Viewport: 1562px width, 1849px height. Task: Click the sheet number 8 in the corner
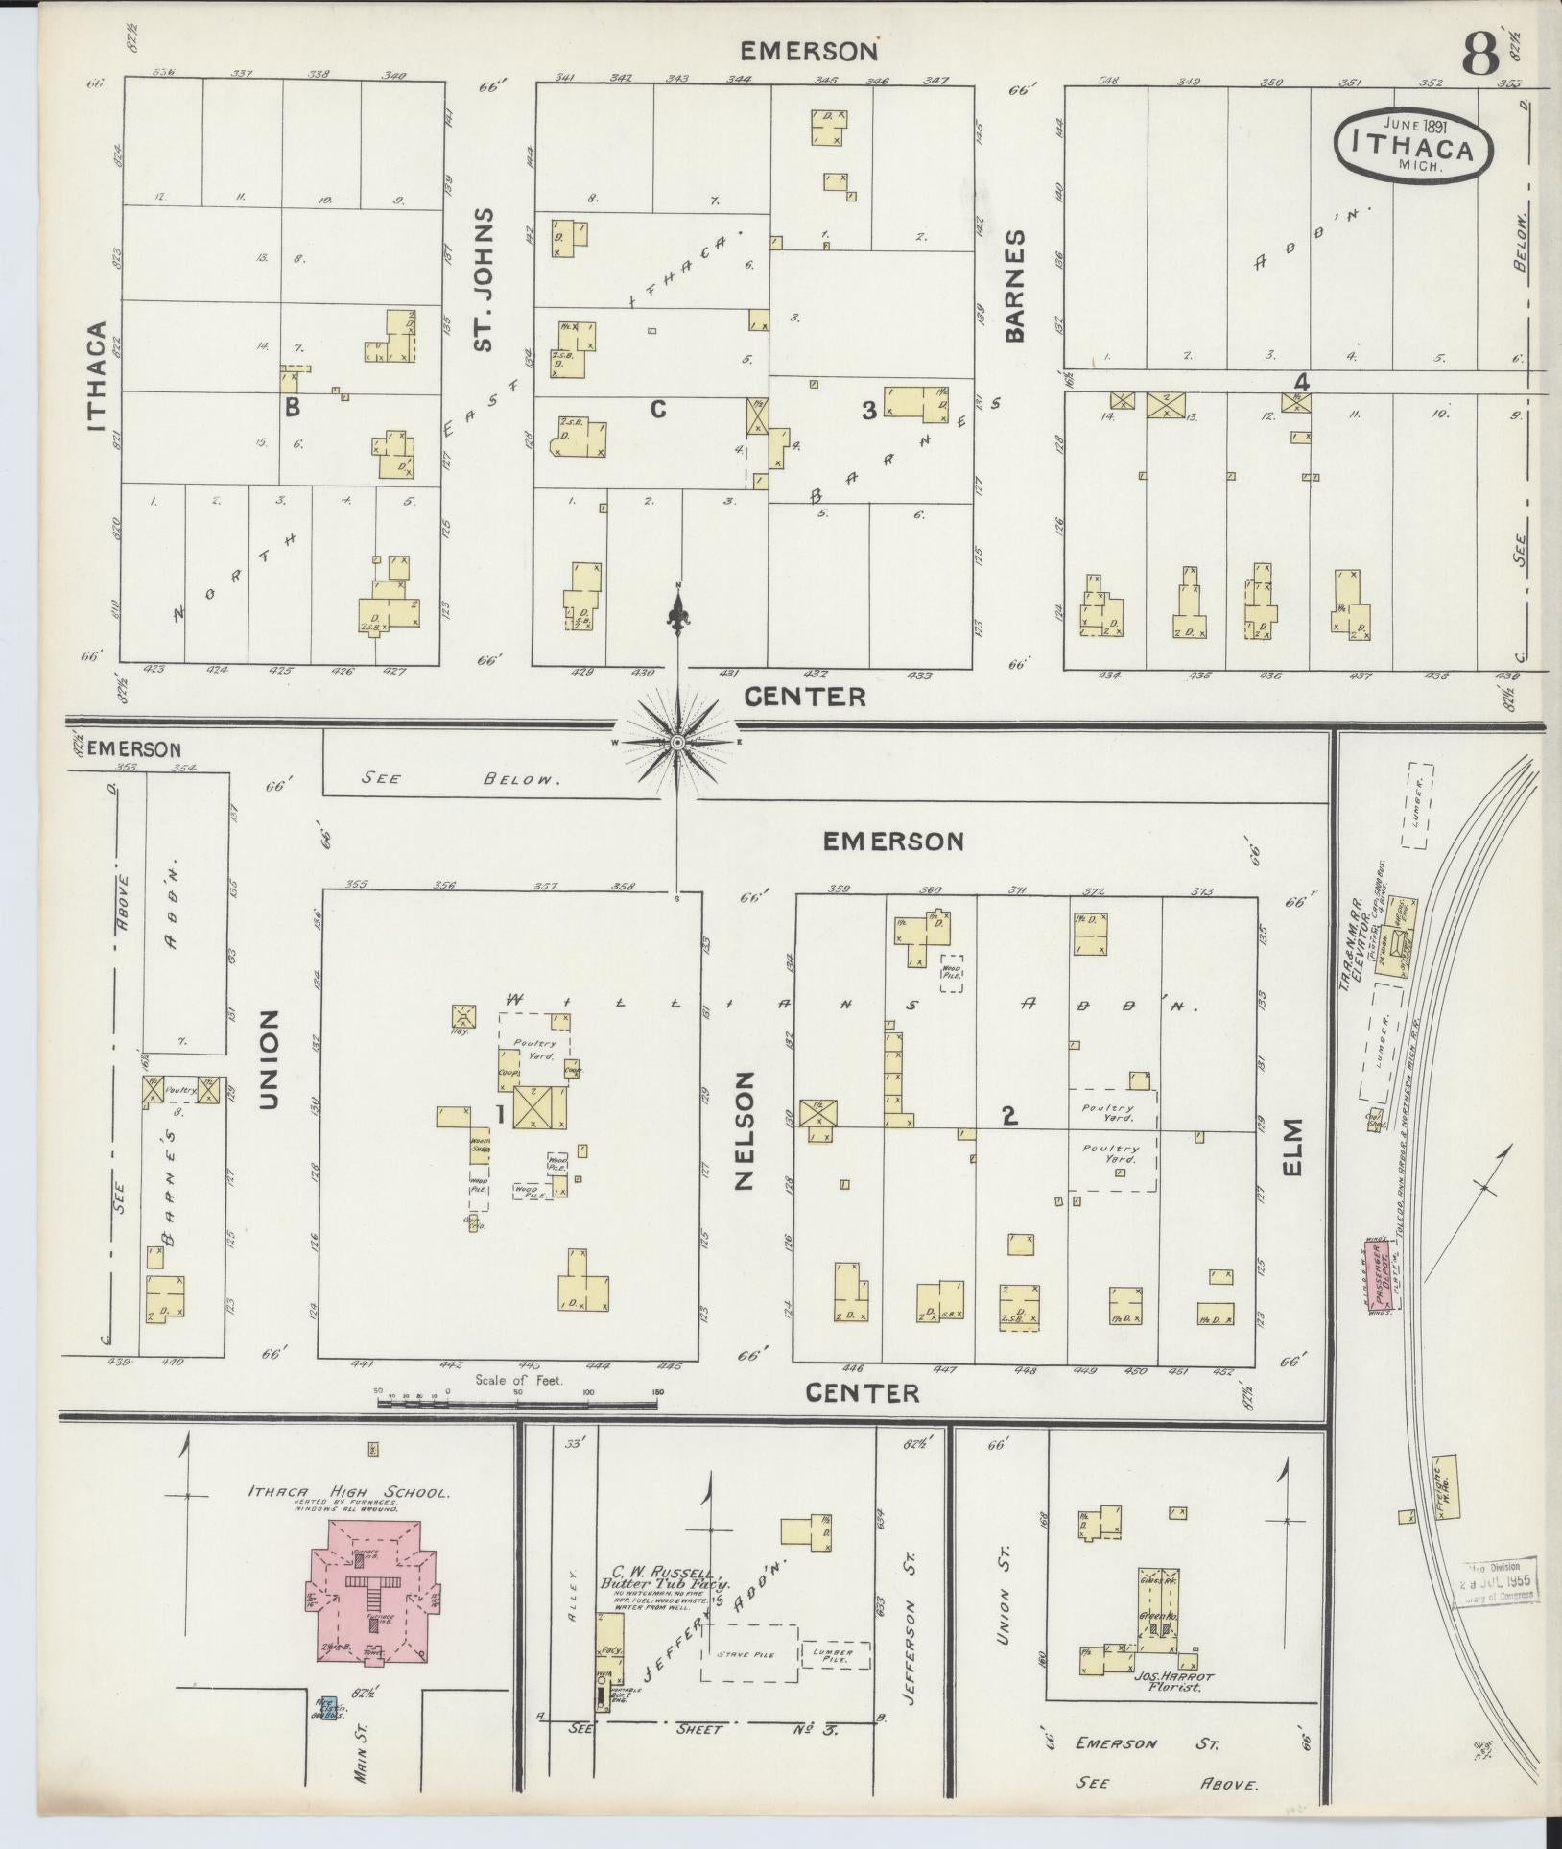[x=1479, y=57]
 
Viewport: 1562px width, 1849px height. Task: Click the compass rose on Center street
[x=677, y=743]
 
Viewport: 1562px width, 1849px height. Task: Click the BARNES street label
[x=1015, y=285]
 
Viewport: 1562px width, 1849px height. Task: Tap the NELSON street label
[x=746, y=1131]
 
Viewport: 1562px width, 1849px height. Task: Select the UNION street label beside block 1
[x=270, y=1059]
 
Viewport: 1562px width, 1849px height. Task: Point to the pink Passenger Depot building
[x=1381, y=1274]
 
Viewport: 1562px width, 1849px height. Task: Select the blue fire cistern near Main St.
[x=329, y=1709]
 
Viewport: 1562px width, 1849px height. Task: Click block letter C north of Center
[x=657, y=410]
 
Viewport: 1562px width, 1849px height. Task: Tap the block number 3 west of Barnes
[x=868, y=411]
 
